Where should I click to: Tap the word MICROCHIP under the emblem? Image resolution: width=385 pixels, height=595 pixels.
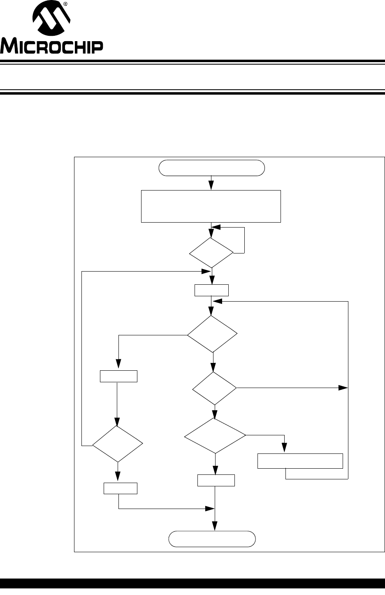pos(51,47)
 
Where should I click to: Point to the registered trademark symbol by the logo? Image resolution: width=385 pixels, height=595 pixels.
pos(65,4)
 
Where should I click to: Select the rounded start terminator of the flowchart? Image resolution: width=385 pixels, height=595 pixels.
pos(211,168)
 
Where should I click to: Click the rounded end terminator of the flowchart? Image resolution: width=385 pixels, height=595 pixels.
pos(212,539)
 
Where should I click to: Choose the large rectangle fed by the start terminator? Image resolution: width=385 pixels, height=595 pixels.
pos(211,206)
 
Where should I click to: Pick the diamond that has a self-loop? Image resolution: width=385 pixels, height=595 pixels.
pos(211,253)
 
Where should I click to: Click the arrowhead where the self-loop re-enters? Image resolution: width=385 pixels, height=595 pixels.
pos(216,228)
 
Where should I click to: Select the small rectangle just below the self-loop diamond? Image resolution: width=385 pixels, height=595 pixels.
pos(211,291)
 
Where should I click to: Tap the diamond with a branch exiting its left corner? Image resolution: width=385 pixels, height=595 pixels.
pos(212,334)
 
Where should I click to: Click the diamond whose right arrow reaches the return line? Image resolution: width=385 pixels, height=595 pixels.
pos(215,388)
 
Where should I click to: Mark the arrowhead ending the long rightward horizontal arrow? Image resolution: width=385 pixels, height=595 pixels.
pos(343,388)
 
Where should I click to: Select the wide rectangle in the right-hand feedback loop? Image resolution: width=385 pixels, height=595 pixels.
pos(300,461)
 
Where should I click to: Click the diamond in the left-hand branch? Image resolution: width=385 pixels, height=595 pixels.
pos(118,444)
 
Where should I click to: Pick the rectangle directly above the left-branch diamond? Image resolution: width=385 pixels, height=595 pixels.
pos(119,376)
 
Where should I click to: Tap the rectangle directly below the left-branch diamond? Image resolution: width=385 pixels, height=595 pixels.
pos(121,488)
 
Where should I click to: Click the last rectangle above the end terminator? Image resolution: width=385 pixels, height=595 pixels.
pos(216,480)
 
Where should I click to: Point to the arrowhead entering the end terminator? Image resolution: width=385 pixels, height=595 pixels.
pos(215,526)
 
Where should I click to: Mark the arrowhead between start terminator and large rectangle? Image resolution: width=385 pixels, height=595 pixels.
pos(211,185)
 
